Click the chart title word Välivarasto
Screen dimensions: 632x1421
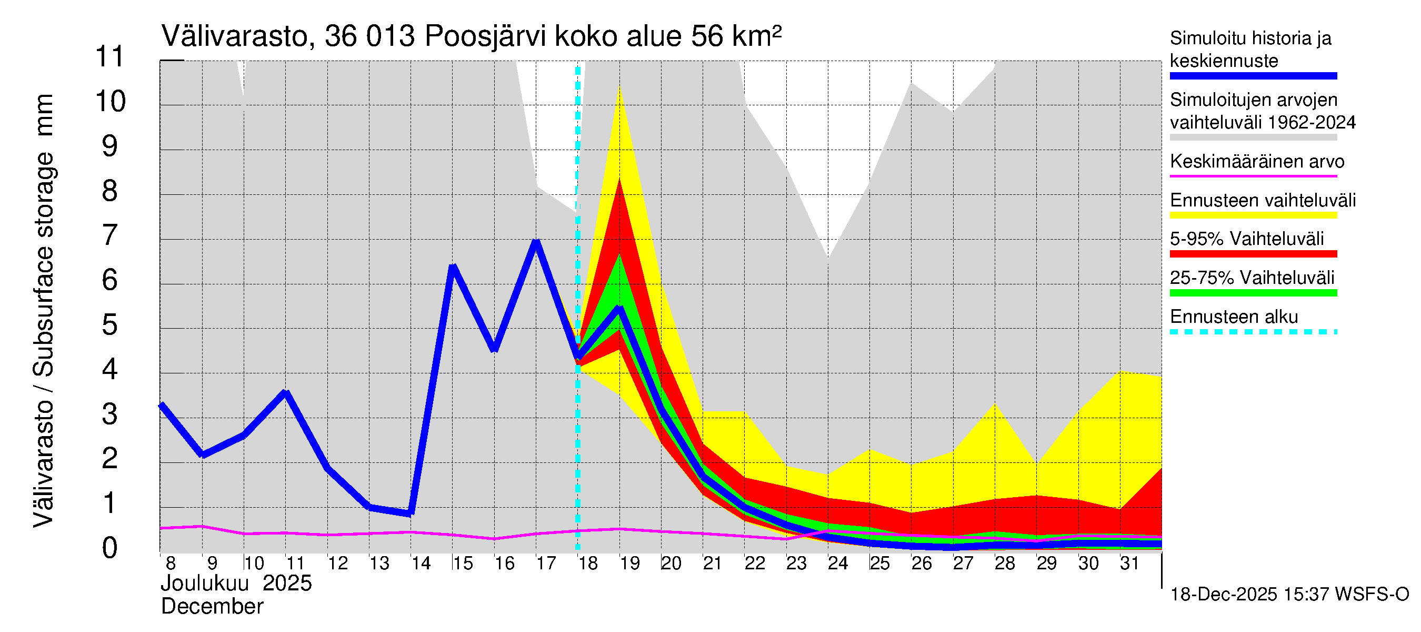(234, 37)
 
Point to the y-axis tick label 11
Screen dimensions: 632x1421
(110, 57)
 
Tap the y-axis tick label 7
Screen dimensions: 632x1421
(110, 236)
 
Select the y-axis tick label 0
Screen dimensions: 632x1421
(110, 548)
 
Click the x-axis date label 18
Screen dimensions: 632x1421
(587, 564)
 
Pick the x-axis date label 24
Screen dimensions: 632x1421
(837, 564)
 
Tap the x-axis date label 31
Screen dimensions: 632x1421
(1129, 564)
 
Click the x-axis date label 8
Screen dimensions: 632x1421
(171, 564)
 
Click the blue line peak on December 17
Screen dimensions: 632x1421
(536, 241)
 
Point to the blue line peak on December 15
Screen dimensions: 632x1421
(452, 267)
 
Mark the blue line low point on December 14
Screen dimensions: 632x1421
(411, 514)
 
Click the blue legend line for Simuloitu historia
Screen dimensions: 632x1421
(1253, 76)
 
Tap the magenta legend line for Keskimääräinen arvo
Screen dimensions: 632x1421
(1253, 176)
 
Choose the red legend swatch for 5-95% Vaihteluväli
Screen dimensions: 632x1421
(1253, 254)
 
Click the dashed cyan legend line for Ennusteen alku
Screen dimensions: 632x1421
(1253, 332)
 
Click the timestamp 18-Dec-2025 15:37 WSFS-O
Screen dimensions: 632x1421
(1289, 595)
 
